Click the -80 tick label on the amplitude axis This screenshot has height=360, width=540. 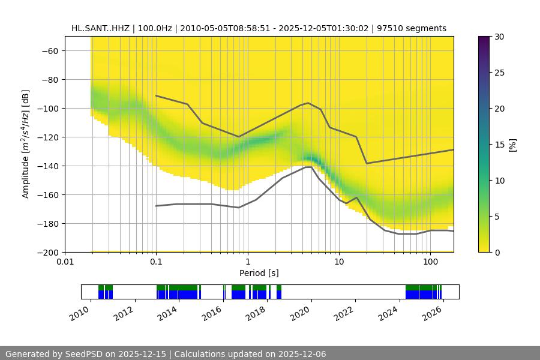tap(49, 79)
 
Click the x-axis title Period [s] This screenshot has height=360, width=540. tap(259, 273)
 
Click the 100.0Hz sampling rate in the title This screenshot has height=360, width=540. tap(155, 28)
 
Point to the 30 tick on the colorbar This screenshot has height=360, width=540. tap(499, 37)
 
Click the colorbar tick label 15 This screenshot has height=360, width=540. tap(499, 145)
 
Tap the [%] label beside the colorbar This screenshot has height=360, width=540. tap(512, 145)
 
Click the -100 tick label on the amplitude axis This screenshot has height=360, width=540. tap(46, 108)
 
